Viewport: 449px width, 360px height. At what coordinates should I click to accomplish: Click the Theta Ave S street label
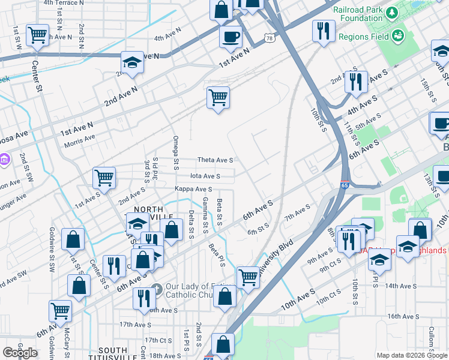point(215,160)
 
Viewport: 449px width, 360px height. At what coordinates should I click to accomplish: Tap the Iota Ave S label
point(205,176)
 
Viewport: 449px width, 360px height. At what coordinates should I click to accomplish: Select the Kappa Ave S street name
point(193,189)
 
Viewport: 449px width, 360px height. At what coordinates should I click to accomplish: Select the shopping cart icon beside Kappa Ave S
point(104,178)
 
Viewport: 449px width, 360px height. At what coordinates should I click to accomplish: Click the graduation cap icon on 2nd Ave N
point(131,62)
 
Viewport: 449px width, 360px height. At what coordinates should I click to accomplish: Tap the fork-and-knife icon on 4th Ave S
point(356,81)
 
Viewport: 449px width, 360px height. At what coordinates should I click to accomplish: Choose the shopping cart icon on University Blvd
point(248,277)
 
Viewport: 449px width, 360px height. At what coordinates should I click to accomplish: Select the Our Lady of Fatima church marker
point(155,289)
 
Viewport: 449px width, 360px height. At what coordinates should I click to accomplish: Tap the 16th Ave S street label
point(403,316)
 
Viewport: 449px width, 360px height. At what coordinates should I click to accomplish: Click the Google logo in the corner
point(20,353)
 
